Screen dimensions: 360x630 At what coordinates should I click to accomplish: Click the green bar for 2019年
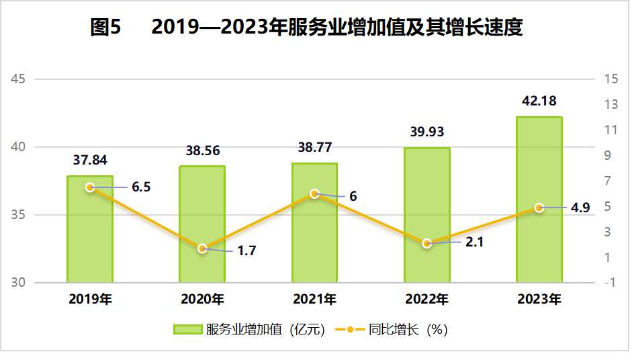click(90, 235)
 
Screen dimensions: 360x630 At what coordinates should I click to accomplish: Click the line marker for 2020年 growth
click(202, 249)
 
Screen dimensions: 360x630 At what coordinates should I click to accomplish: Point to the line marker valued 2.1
click(426, 243)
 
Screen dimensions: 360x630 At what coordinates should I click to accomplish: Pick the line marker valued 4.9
click(539, 208)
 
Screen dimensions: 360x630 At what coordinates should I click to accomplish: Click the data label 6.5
click(141, 187)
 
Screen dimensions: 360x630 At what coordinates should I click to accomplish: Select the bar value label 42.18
click(539, 102)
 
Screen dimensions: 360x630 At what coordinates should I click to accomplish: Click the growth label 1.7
click(246, 251)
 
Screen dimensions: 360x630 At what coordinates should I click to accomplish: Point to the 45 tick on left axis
click(19, 79)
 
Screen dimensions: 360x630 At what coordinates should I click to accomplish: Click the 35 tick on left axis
click(19, 215)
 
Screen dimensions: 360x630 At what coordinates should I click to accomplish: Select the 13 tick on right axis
click(611, 105)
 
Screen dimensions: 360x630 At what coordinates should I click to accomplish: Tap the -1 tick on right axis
click(611, 283)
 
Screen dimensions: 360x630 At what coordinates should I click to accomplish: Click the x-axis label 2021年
click(314, 300)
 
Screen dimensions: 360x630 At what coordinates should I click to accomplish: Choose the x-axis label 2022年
click(426, 300)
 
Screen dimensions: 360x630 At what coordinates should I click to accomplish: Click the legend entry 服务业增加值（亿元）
click(249, 330)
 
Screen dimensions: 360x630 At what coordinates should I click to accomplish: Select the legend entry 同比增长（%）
click(396, 330)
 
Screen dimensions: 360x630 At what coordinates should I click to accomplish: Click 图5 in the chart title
click(105, 28)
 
